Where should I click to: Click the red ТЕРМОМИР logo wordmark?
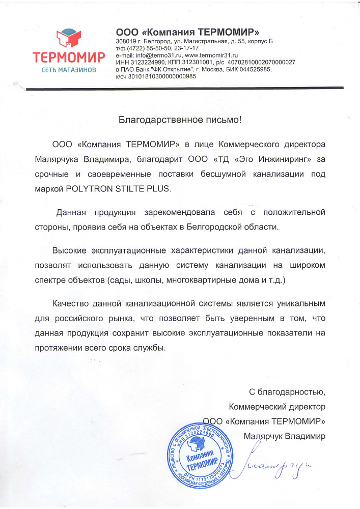click(x=68, y=55)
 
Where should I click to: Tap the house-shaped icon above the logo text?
click(x=68, y=37)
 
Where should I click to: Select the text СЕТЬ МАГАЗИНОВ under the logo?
click(x=68, y=69)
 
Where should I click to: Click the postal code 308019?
click(x=125, y=41)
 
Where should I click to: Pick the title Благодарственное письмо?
click(x=179, y=121)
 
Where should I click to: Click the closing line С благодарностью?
click(x=287, y=392)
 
